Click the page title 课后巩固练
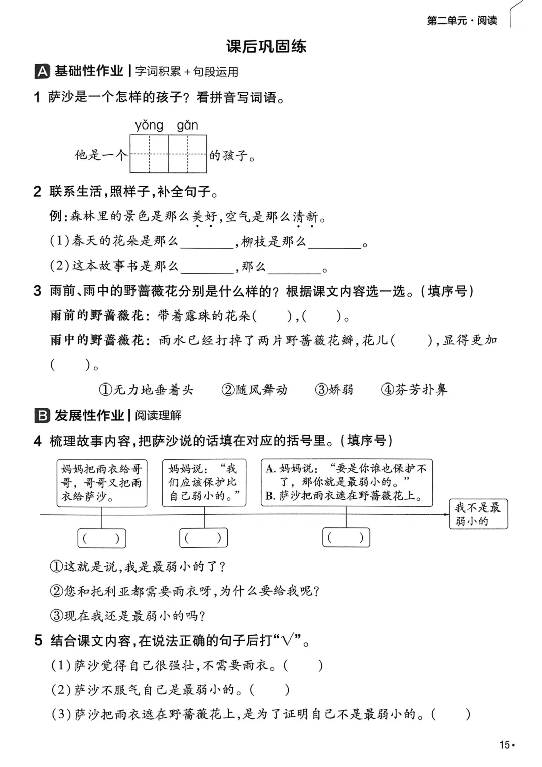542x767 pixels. click(x=266, y=47)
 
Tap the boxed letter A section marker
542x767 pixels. click(x=42, y=72)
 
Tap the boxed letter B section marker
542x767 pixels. click(x=42, y=415)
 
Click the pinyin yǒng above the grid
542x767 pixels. click(x=149, y=125)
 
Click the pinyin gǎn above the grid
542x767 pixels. click(x=187, y=125)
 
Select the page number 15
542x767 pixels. click(x=505, y=745)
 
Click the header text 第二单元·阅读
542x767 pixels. click(x=462, y=21)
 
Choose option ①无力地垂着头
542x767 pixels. click(x=146, y=390)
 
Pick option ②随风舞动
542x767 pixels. click(x=254, y=390)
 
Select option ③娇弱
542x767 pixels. click(x=334, y=390)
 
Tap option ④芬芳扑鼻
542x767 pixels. click(x=414, y=390)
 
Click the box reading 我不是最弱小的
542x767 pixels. click(x=478, y=514)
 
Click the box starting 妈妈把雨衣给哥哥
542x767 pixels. click(x=102, y=483)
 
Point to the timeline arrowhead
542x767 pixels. click(x=446, y=514)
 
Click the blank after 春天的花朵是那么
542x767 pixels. click(x=207, y=242)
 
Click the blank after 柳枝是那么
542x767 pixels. click(x=335, y=242)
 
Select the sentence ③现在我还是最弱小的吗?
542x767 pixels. click(x=128, y=616)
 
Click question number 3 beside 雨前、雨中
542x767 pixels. click(x=38, y=291)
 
